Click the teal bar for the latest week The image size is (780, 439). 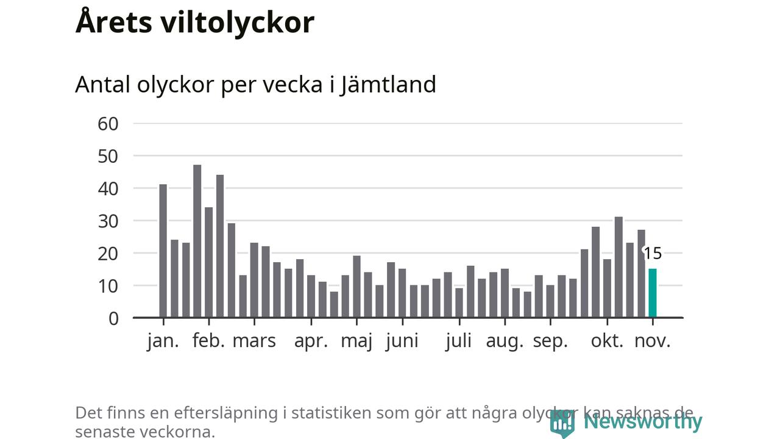[x=653, y=293]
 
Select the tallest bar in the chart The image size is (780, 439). [x=197, y=241]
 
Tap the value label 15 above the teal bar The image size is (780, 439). [x=653, y=254]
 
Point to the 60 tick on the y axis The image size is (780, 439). [x=108, y=124]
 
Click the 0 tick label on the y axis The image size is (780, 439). [x=113, y=318]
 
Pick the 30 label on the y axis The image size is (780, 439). [x=108, y=221]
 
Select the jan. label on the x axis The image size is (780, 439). [x=163, y=341]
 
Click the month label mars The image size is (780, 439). [x=254, y=341]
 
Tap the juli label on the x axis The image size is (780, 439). [x=458, y=341]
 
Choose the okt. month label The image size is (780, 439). [x=607, y=341]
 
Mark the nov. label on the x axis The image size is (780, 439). [x=652, y=341]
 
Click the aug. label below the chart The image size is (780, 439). [x=505, y=341]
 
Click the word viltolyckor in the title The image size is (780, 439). [x=238, y=23]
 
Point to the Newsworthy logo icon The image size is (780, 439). [x=562, y=423]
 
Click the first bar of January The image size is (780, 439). [x=163, y=251]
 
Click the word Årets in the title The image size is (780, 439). [x=113, y=23]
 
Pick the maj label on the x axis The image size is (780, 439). [x=356, y=341]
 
